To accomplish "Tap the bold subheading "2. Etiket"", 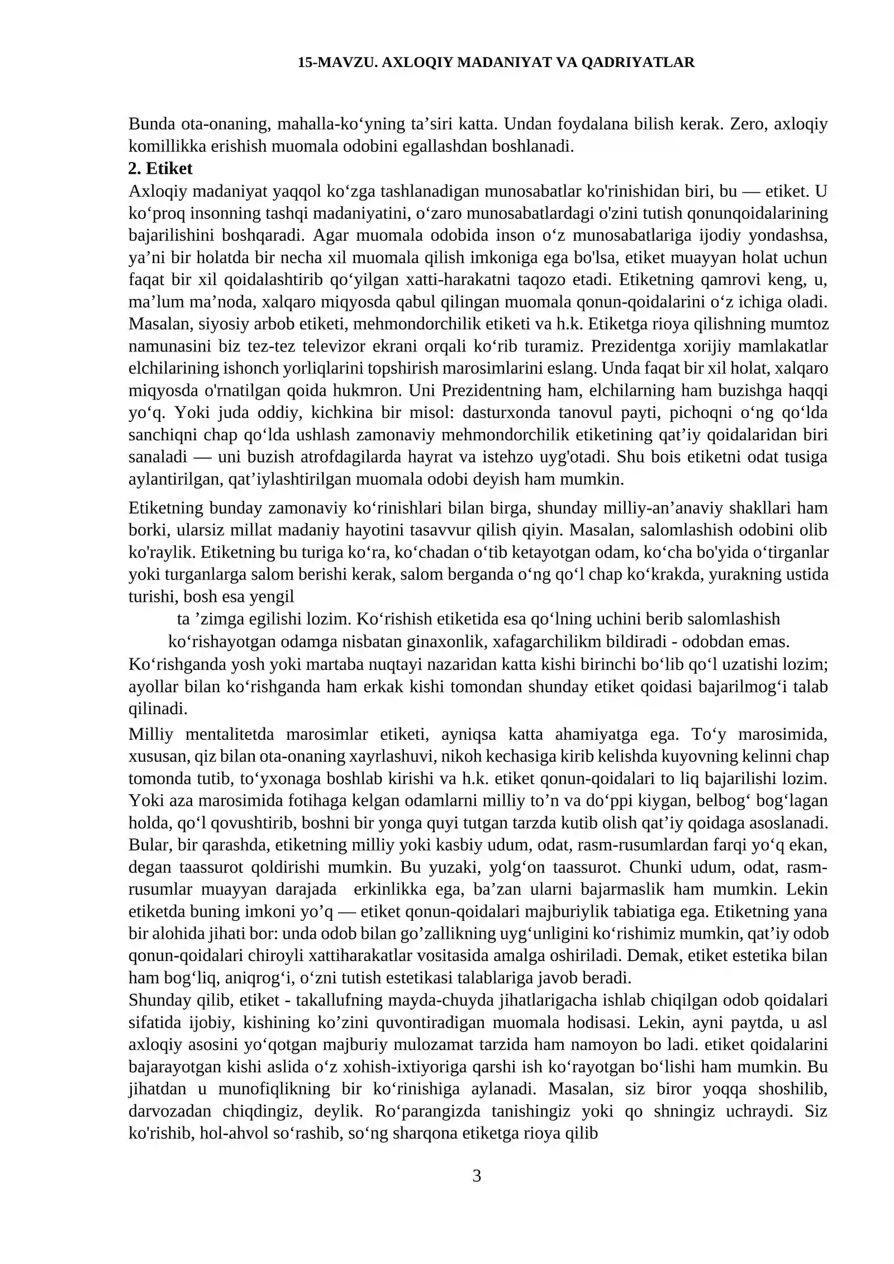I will [160, 168].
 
